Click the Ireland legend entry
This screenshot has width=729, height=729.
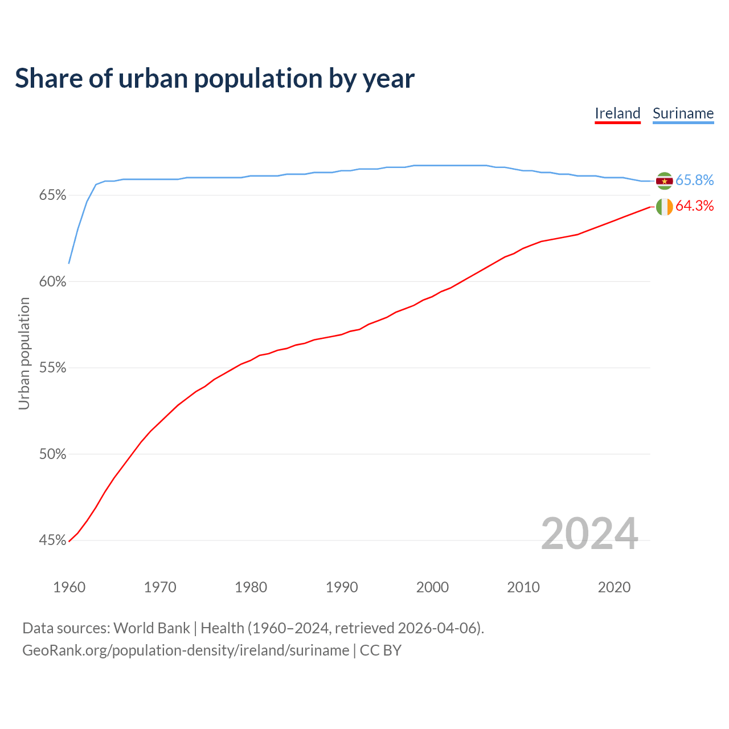tap(617, 113)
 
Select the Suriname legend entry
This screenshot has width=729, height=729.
tap(683, 113)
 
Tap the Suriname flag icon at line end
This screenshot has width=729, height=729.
tap(664, 181)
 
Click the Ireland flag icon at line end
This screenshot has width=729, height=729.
tap(664, 207)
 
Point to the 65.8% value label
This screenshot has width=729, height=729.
tap(694, 181)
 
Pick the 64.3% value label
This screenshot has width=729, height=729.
tap(694, 206)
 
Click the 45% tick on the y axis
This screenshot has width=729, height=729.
tap(52, 540)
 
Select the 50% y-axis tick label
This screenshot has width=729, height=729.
tap(52, 454)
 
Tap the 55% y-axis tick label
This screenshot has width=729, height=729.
tap(52, 368)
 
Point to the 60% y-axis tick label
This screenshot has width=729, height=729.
tap(52, 282)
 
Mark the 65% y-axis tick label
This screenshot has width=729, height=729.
tap(52, 196)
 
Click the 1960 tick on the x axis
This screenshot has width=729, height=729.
tap(69, 587)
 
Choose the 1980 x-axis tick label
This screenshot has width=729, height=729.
tap(251, 587)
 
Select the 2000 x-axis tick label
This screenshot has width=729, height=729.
tap(432, 587)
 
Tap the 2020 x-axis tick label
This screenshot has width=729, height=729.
tap(614, 587)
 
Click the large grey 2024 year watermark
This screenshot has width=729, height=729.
tap(589, 534)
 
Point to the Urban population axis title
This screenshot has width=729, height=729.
tap(24, 354)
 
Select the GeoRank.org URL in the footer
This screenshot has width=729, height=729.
tap(186, 650)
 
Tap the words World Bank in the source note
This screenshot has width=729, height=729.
tap(151, 628)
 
